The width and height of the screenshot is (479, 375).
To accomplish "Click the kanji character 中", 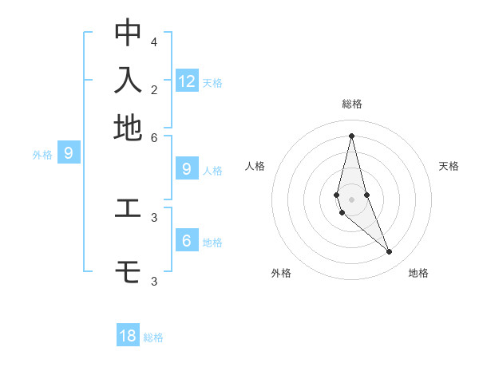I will tap(128, 32).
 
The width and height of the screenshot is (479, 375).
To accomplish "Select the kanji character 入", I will tap(128, 81).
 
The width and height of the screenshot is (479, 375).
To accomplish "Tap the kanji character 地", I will tap(128, 128).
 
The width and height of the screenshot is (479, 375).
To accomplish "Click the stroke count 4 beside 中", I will tap(154, 41).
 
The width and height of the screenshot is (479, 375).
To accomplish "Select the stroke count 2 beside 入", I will tap(154, 89).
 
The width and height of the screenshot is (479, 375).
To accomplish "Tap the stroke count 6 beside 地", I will tap(154, 137).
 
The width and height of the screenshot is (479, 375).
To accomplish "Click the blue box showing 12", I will tap(187, 81).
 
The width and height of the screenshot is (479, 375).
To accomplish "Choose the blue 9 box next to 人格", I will tap(187, 168).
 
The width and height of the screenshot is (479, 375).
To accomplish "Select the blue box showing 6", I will tap(187, 240).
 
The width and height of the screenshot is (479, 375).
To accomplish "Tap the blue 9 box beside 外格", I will tap(69, 152).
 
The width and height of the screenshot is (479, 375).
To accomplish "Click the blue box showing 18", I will tap(128, 336).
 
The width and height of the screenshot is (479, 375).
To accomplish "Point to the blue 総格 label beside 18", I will tap(153, 337).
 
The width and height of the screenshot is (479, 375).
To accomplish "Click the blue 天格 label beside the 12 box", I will tap(212, 82).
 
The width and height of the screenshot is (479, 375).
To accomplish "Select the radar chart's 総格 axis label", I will tap(351, 104).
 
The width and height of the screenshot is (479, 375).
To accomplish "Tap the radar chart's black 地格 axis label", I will tap(418, 273).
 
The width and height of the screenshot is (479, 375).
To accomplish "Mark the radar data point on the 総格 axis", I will tap(351, 136).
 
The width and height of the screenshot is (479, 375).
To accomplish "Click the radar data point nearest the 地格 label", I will tap(390, 251).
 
